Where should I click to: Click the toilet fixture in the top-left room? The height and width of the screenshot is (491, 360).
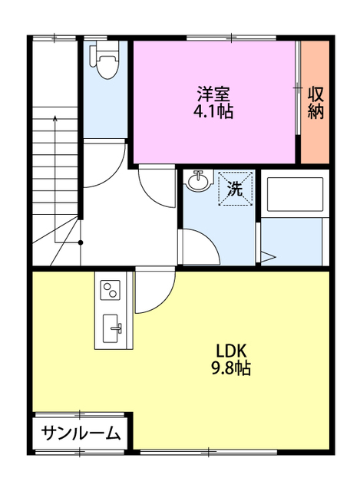[x=107, y=61]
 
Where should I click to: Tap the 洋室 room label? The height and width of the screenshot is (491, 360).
[x=214, y=94]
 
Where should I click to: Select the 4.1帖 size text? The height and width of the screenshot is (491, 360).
[x=214, y=111]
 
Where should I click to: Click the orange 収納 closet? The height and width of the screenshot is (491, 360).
[x=315, y=102]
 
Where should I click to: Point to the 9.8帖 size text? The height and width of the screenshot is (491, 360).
[x=230, y=368]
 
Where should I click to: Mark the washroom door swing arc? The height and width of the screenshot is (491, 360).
[x=199, y=245]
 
